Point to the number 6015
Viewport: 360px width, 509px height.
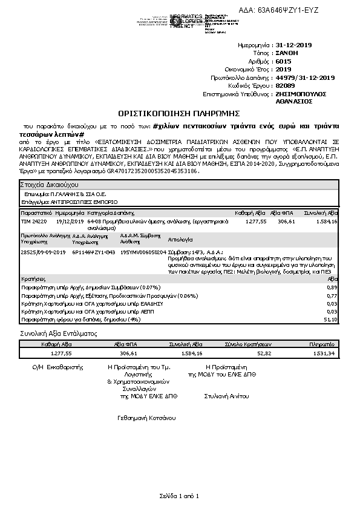pos(283,61)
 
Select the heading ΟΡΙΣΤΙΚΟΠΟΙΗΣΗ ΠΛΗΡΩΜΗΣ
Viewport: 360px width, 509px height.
pos(180,113)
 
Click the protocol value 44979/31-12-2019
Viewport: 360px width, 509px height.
pos(304,77)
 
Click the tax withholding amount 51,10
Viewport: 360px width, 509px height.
pos(331,318)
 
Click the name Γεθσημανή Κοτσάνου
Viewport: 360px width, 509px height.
pos(146,418)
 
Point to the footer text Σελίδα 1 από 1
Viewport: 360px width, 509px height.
pos(180,496)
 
